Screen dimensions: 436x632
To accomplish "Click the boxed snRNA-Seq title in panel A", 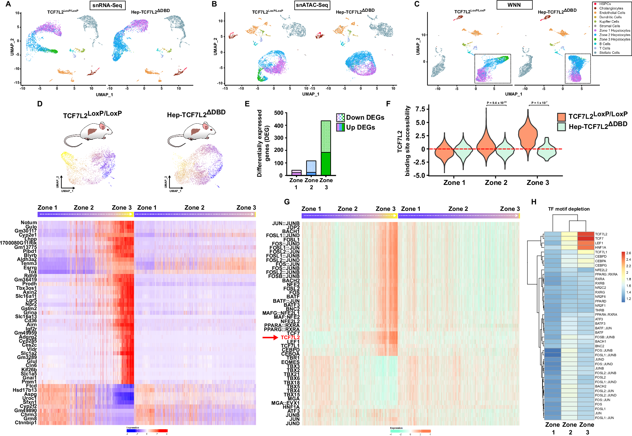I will click(107, 5).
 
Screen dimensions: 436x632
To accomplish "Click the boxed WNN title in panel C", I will click(514, 5).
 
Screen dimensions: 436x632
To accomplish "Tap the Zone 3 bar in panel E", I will click(326, 148).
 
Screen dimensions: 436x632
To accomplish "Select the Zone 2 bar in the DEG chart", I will click(311, 168).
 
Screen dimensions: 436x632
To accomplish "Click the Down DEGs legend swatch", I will click(340, 118).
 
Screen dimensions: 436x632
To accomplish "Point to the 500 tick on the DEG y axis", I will click(279, 113).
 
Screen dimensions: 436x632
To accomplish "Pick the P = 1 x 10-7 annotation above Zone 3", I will click(539, 103).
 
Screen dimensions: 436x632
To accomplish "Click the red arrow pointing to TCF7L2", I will click(270, 337).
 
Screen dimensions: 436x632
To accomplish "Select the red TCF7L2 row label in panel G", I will click(290, 337).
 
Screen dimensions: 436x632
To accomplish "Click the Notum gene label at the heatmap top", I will click(29, 223).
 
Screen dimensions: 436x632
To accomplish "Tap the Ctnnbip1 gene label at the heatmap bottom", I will click(26, 422).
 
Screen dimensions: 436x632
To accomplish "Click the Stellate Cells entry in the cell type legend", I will click(609, 53).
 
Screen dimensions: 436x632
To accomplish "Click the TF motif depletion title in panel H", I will click(569, 209).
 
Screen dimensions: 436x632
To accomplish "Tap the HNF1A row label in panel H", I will click(600, 247).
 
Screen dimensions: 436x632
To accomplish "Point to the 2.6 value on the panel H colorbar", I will click(628, 253).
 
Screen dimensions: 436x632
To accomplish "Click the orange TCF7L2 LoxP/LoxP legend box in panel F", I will click(561, 117).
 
